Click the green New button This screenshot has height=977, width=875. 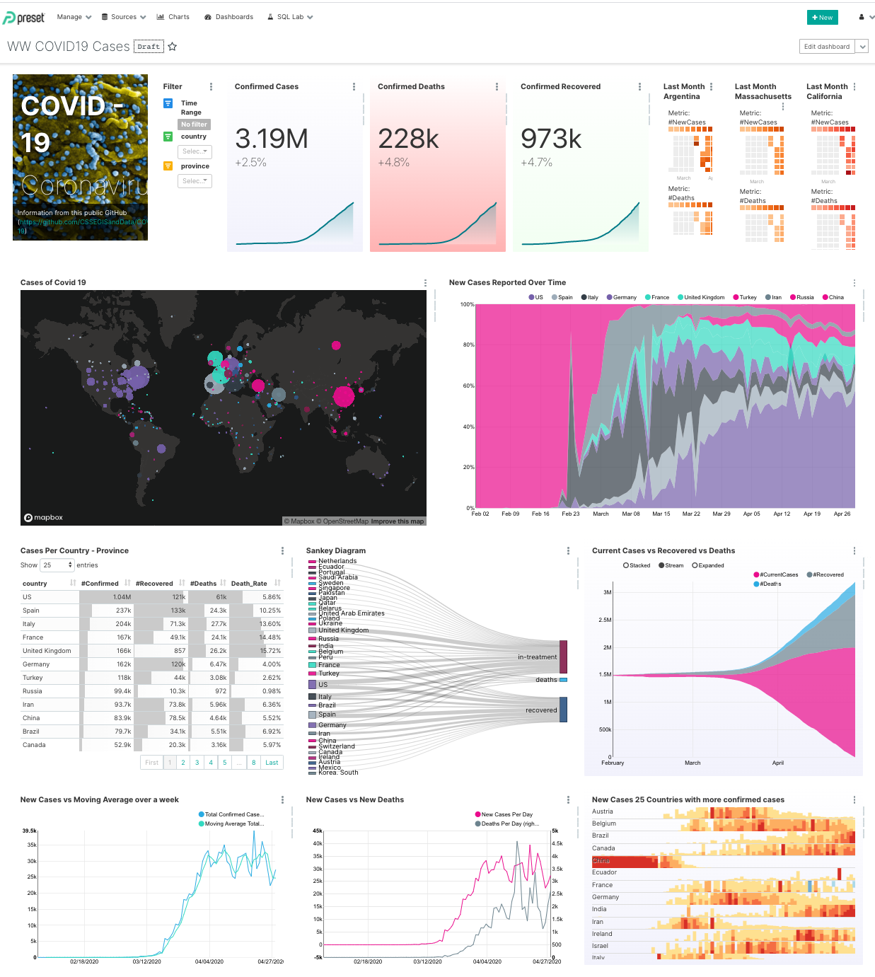[x=822, y=18]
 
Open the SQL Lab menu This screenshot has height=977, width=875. [x=290, y=17]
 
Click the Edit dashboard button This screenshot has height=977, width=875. [x=826, y=47]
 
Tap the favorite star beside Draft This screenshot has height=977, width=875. [x=172, y=47]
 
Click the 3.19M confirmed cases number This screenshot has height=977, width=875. [x=271, y=139]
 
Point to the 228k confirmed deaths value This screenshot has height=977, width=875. [x=408, y=139]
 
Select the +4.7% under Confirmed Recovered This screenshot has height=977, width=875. [x=536, y=163]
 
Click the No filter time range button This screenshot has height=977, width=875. [x=194, y=125]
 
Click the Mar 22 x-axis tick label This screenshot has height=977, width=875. [x=691, y=514]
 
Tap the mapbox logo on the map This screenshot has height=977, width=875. [x=44, y=518]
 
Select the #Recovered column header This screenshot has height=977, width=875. [x=153, y=584]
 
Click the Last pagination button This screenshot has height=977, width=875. [x=272, y=763]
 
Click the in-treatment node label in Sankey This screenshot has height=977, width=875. [x=537, y=657]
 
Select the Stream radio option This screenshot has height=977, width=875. [x=671, y=565]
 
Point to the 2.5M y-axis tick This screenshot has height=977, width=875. [x=605, y=620]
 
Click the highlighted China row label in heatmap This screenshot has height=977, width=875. [x=601, y=861]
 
